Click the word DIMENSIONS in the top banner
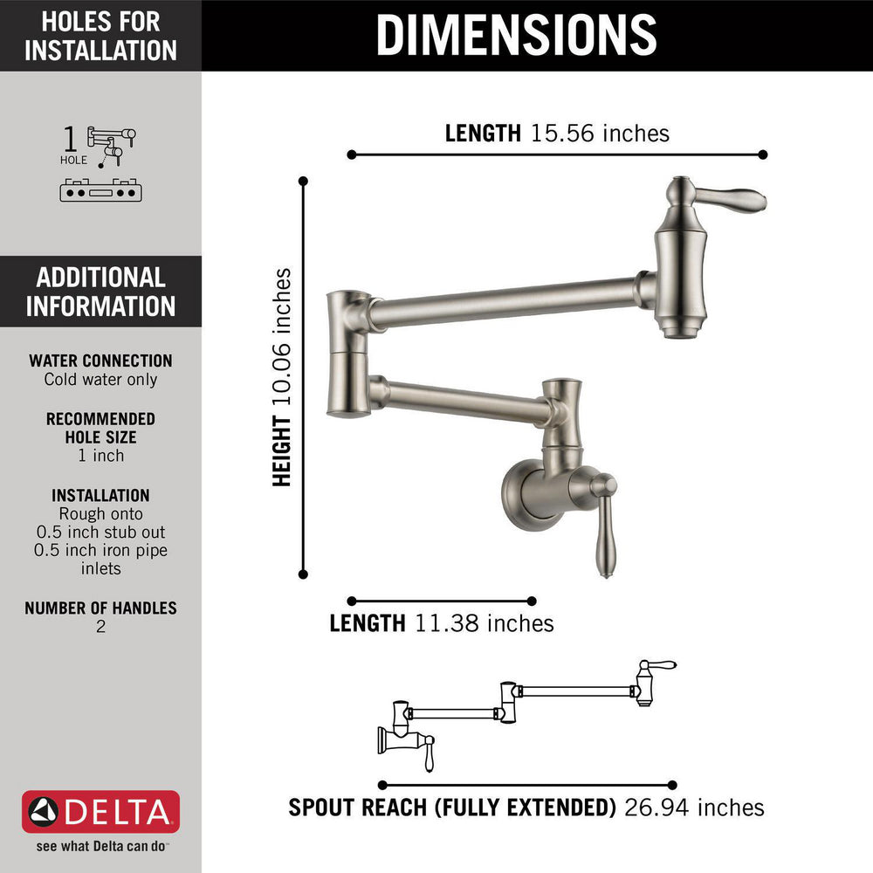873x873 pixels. pos(516,35)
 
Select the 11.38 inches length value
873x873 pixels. pos(485,623)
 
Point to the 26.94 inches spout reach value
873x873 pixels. pos(694,808)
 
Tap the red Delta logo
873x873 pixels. pos(100,813)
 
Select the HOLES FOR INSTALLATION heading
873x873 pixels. pos(100,36)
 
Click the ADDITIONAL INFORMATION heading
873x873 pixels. pos(100,292)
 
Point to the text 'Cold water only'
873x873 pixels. pos(100,380)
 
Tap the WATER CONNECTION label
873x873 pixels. pos(100,361)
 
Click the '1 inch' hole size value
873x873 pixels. pos(100,456)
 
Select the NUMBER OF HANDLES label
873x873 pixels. pos(100,608)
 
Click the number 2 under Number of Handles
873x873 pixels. pos(100,627)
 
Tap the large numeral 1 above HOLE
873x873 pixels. pos(71,140)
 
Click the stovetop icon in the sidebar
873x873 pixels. pos(100,189)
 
